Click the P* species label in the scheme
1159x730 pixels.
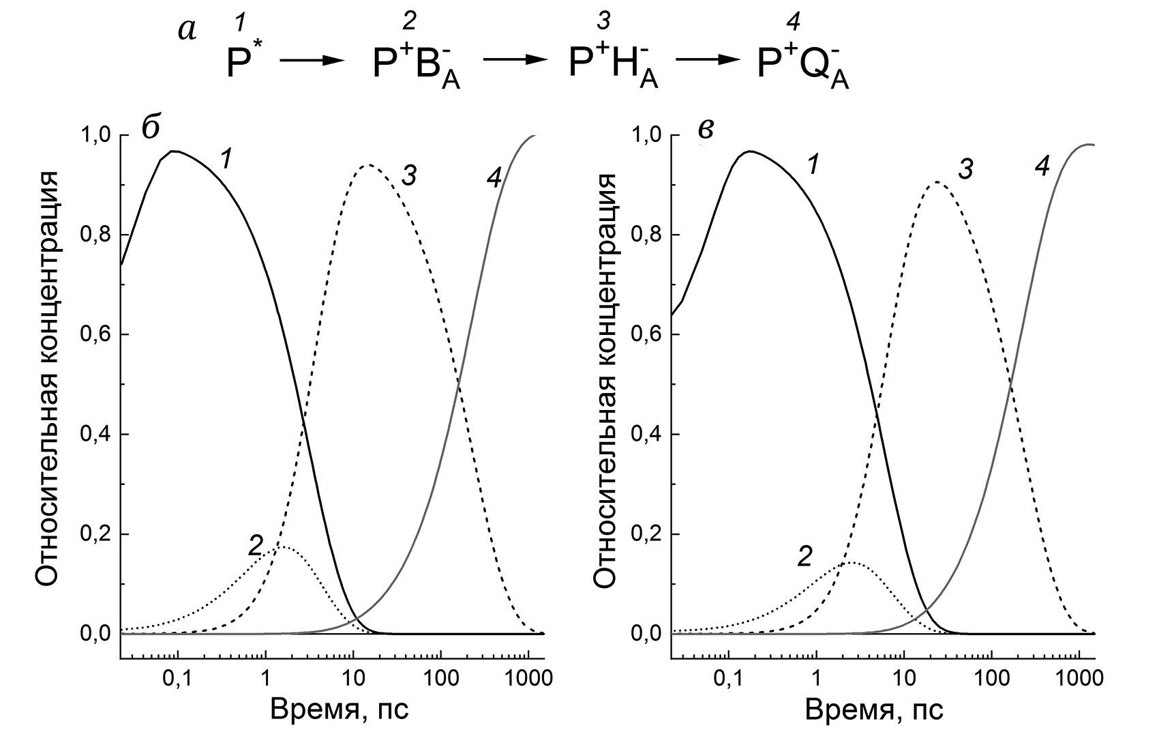240,61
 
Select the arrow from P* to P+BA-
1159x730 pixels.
312,61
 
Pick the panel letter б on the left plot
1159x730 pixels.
151,128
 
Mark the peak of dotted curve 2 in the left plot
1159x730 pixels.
280,546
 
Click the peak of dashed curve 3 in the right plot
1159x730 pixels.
937,182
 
